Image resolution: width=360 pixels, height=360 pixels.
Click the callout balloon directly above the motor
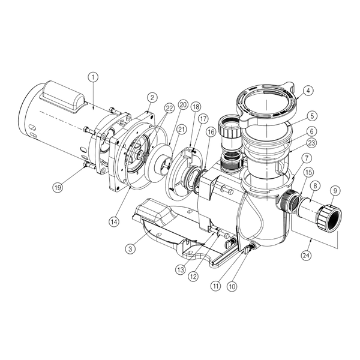tap(92, 77)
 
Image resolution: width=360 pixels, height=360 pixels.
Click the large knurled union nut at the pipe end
tap(329, 218)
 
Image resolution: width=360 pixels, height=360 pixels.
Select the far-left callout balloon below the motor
tap(58, 187)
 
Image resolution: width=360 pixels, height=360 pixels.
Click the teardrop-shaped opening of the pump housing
tap(249, 219)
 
